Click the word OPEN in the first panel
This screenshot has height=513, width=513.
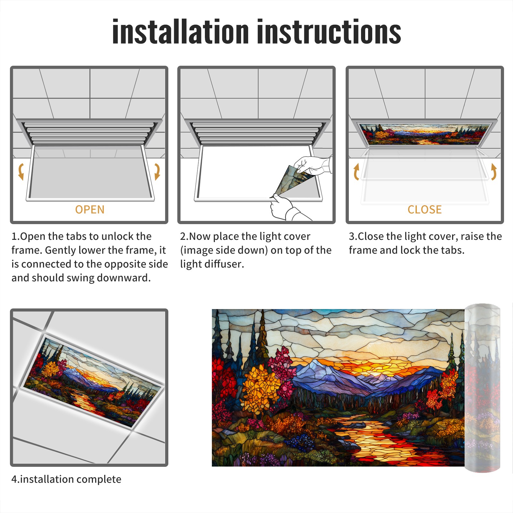(90, 209)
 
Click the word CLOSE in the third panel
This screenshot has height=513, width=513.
(425, 209)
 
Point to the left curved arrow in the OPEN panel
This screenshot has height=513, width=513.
(21, 172)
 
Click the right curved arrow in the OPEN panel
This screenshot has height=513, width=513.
(157, 172)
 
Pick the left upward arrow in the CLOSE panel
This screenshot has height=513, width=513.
(356, 172)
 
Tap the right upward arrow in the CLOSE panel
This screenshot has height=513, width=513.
(494, 172)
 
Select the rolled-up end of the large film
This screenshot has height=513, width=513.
(482, 388)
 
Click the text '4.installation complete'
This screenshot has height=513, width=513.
(66, 479)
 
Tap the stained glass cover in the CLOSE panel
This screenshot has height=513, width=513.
(425, 134)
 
